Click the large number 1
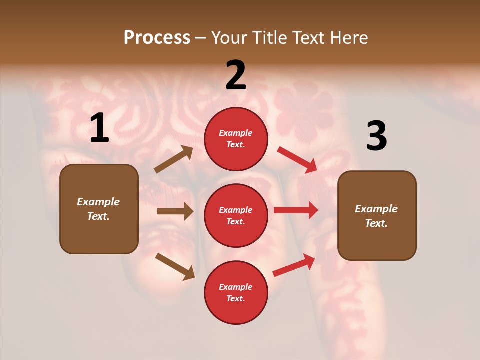point(99,129)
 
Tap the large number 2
point(236,75)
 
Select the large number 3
point(376,136)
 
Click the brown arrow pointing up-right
point(174,159)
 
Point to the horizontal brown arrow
point(175,211)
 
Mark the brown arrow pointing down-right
point(175,266)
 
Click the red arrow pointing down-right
point(297,160)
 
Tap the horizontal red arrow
point(296,210)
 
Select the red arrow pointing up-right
point(294,265)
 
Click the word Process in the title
point(157,37)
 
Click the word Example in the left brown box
point(98,202)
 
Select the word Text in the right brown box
point(376,223)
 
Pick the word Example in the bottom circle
point(236,287)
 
